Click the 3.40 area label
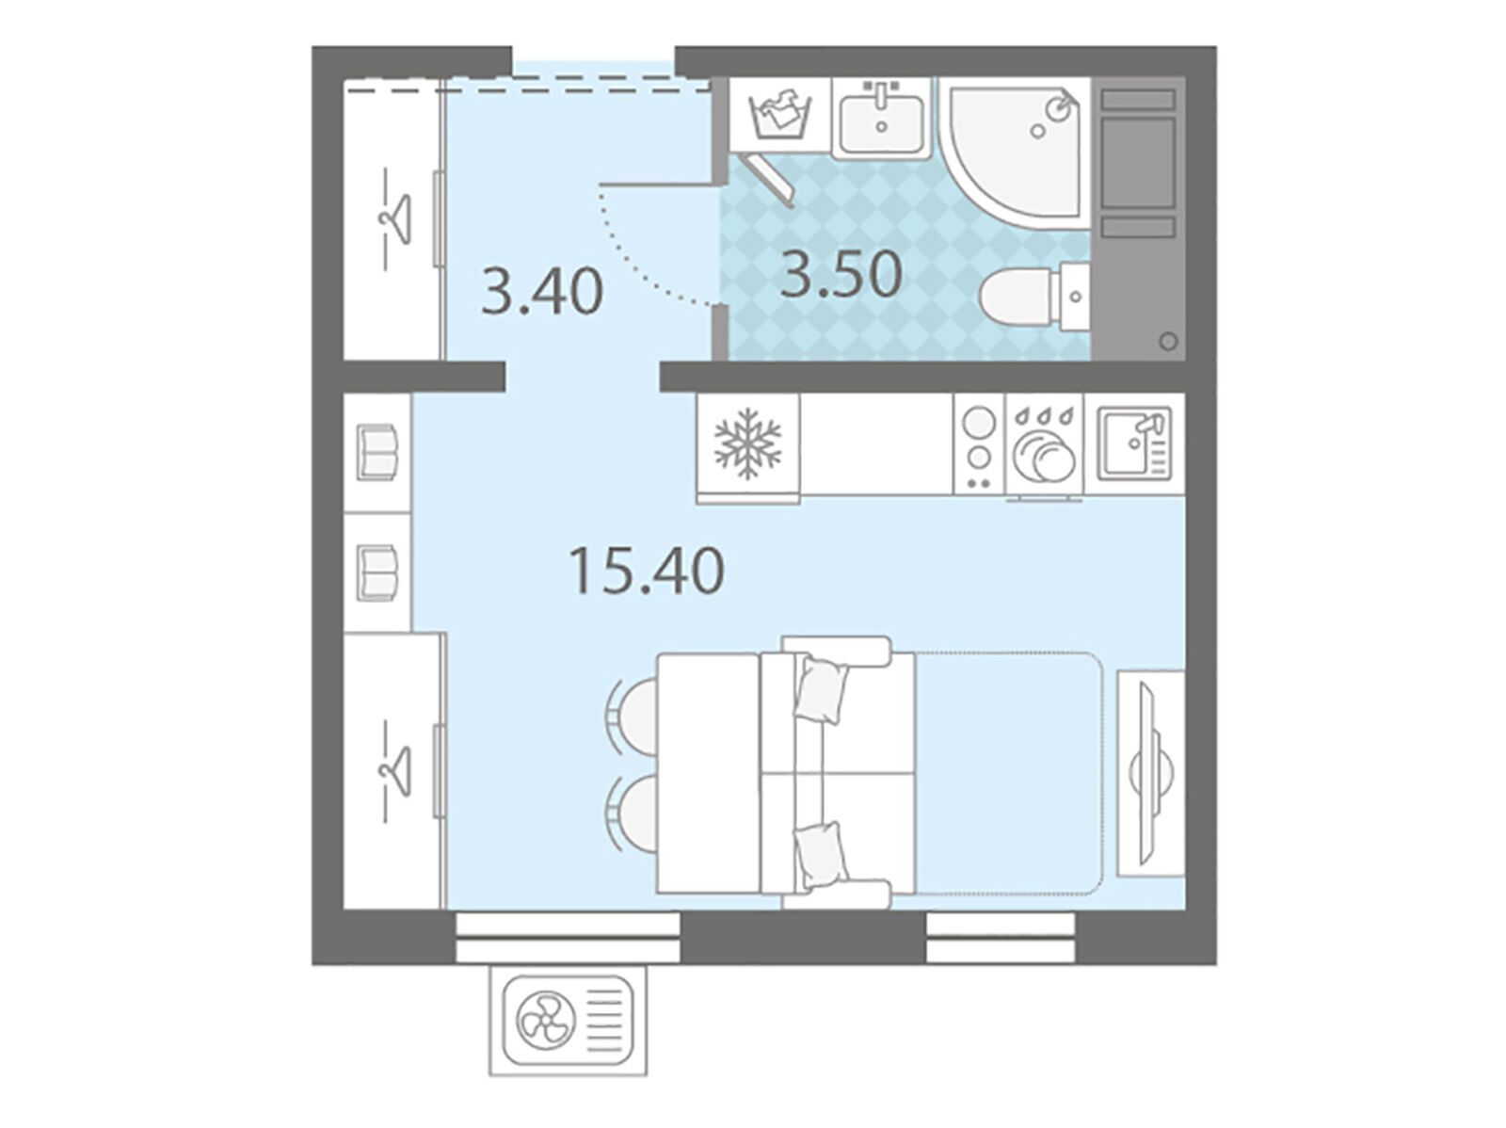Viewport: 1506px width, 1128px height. (x=541, y=292)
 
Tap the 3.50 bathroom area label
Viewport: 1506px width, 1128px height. (x=841, y=274)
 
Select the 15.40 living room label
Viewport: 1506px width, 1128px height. (x=647, y=571)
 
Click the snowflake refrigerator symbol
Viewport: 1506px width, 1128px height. (x=748, y=443)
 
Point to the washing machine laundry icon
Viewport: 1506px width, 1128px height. (x=781, y=117)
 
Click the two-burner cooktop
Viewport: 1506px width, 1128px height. (x=979, y=444)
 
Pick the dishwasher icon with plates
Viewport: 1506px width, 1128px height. (x=1044, y=446)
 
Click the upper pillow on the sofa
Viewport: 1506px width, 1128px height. (x=822, y=689)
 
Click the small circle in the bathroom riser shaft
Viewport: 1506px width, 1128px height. (x=1168, y=340)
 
